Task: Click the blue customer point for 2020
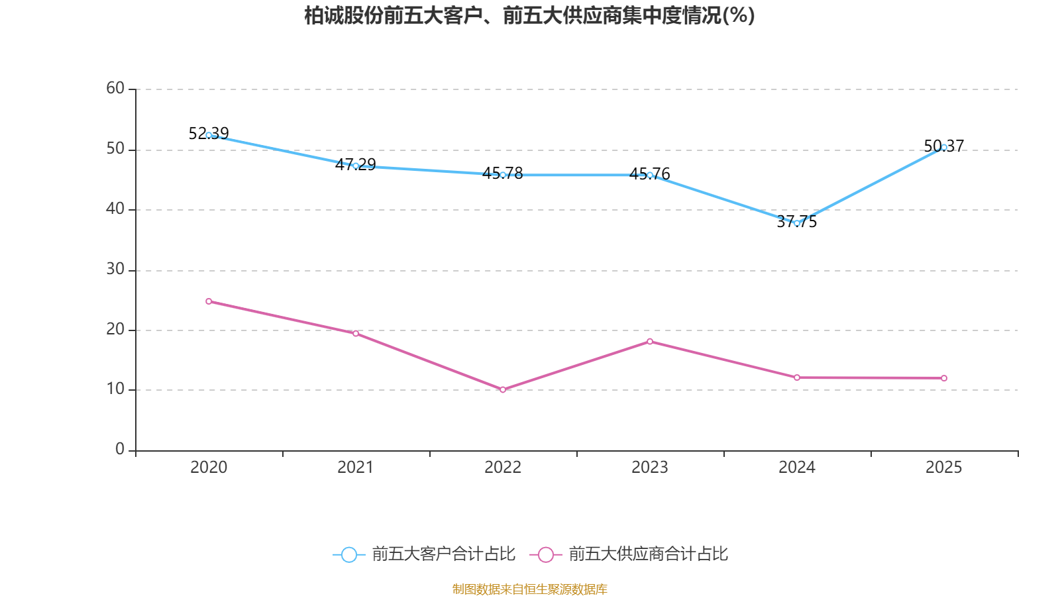(x=209, y=135)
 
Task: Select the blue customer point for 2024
(x=797, y=223)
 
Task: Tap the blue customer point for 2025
(x=944, y=148)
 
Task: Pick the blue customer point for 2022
(x=503, y=175)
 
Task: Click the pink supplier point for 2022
(x=503, y=389)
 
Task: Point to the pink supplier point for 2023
(x=650, y=342)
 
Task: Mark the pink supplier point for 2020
(x=209, y=301)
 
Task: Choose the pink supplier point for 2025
(x=944, y=378)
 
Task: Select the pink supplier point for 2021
(x=356, y=333)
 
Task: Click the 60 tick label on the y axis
(x=115, y=88)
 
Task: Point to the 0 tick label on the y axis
(x=120, y=449)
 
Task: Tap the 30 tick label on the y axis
(x=115, y=269)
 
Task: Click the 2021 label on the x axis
(x=356, y=468)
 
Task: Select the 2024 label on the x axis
(x=797, y=468)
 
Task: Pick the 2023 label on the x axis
(x=650, y=468)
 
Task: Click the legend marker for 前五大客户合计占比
(x=348, y=554)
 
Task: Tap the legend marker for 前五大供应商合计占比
(x=546, y=554)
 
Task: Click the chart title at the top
(x=529, y=16)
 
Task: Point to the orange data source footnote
(x=529, y=589)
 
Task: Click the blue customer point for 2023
(x=650, y=175)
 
